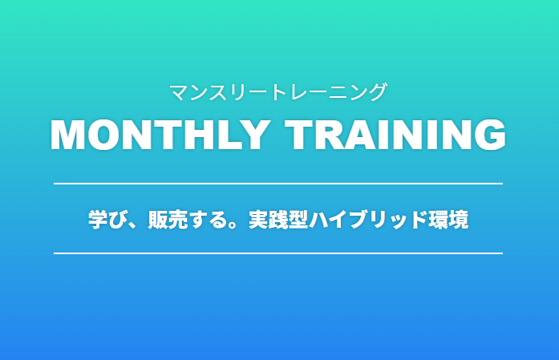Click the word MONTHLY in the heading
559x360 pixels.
160,135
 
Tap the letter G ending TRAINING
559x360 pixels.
490,135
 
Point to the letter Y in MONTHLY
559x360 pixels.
253,135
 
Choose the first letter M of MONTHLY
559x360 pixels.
67,135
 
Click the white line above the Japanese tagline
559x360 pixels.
278,184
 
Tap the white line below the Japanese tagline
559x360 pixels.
278,253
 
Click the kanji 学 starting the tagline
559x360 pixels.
98,220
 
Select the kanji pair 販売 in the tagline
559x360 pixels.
168,220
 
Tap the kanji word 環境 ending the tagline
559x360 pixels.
448,220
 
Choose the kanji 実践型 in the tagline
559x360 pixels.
278,220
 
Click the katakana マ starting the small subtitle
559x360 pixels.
179,92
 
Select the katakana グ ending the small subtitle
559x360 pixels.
377,92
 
